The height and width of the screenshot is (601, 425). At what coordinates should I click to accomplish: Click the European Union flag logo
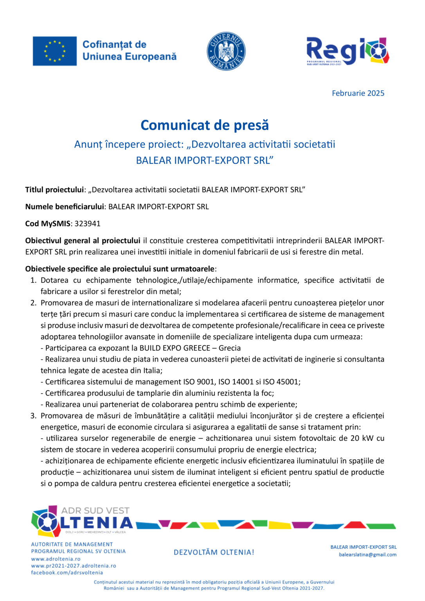point(54,51)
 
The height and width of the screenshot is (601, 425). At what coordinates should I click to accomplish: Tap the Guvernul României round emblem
point(226,51)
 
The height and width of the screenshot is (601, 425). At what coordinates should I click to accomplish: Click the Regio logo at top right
point(348,51)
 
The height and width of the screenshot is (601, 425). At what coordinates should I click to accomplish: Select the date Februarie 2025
point(358,93)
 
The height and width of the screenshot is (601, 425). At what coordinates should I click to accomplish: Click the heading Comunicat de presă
point(205,125)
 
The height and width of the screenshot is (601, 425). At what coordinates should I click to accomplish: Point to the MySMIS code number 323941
point(88,223)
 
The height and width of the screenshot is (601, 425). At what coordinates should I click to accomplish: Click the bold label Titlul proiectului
point(54,190)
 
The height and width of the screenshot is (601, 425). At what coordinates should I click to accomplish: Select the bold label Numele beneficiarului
point(64,207)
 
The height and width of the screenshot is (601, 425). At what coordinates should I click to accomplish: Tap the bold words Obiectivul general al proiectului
point(83,240)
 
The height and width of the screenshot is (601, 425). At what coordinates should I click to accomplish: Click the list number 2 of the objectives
point(33,303)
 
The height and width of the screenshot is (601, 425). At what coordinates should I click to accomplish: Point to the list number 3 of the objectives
point(33,416)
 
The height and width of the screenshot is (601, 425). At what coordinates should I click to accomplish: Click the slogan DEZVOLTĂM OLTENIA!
point(214,552)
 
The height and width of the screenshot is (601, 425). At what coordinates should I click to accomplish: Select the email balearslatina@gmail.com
point(367,554)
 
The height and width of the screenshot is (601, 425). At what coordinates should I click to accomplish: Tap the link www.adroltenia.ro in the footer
point(56,559)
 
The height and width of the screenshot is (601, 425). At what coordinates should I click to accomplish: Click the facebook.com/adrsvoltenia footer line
point(67,572)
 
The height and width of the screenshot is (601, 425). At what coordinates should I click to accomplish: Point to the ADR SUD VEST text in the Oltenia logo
point(95,511)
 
